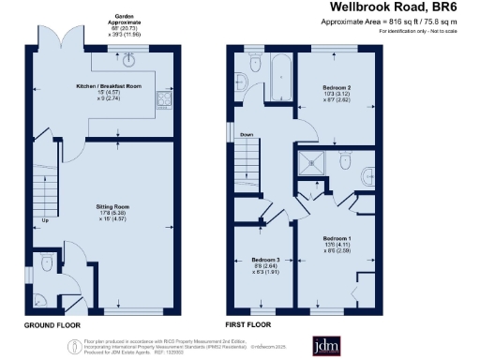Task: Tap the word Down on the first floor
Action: coord(247,135)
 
